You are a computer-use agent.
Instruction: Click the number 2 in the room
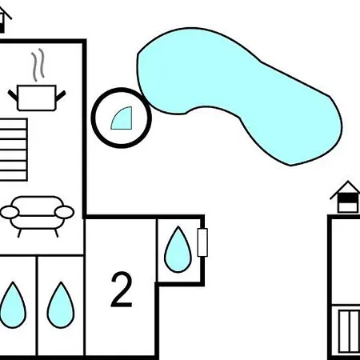tap(122, 290)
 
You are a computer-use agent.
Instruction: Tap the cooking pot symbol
tap(37, 98)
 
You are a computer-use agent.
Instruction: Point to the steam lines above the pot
tap(38, 65)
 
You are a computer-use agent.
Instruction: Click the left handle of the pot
tap(13, 96)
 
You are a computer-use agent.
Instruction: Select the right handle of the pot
tap(60, 96)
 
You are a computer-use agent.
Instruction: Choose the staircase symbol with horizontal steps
tap(14, 150)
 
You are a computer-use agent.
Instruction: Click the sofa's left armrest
tap(10, 212)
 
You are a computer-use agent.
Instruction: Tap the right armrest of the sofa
tap(64, 212)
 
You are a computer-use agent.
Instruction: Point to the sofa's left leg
tap(19, 233)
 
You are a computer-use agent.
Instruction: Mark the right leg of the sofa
tap(56, 233)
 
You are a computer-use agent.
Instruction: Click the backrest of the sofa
tap(38, 206)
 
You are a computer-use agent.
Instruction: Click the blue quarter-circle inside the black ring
tap(123, 120)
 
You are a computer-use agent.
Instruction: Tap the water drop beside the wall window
tap(178, 250)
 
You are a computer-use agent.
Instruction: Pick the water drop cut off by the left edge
tap(12, 306)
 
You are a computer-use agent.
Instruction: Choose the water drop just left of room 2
tap(61, 306)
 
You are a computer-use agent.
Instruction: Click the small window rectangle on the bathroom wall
tap(202, 242)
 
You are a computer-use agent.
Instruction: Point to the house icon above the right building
tap(347, 198)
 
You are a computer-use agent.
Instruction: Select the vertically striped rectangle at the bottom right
tap(349, 331)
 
